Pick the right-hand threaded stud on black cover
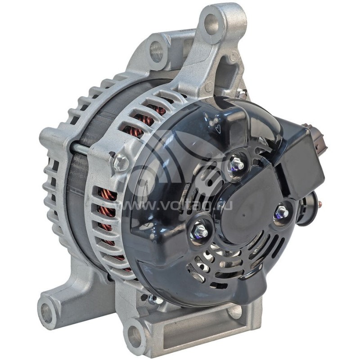pos(282,212)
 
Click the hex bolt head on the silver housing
pos(121,162)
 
